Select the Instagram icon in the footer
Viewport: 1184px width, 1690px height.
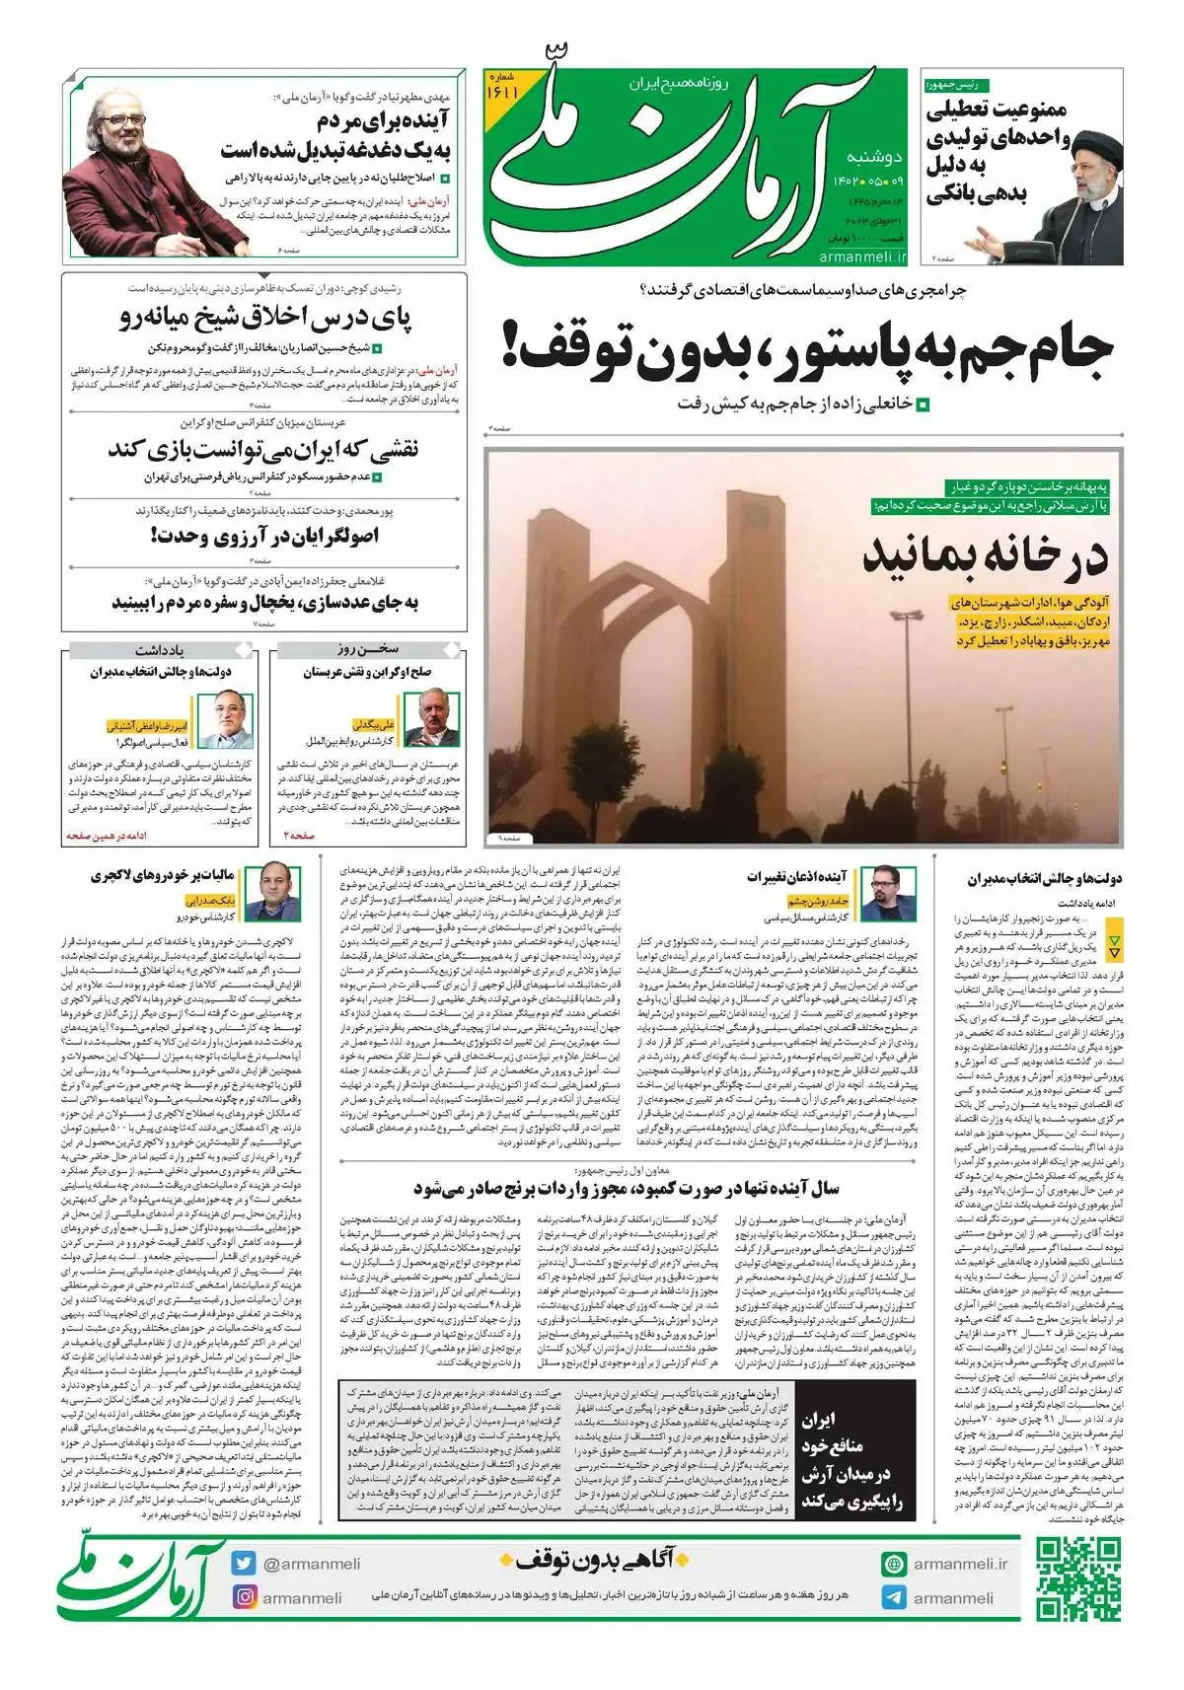[x=245, y=1597]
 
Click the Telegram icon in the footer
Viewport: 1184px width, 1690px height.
[x=894, y=1597]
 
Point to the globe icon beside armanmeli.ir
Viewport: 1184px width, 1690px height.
[x=894, y=1564]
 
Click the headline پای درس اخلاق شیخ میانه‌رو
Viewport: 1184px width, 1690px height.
[x=266, y=319]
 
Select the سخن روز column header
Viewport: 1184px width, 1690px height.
[x=366, y=650]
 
